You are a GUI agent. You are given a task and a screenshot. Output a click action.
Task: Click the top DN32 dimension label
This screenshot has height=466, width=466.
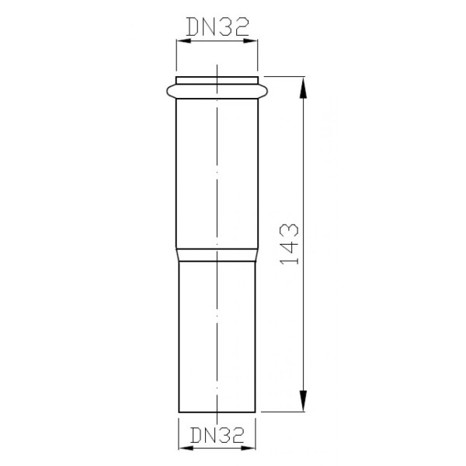tap(217, 26)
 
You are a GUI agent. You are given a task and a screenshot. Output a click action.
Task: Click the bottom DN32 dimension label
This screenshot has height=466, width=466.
tap(217, 436)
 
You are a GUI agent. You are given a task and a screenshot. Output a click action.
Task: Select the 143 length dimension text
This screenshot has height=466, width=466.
tap(289, 245)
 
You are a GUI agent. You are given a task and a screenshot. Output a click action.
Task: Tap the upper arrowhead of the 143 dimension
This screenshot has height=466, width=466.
tap(303, 87)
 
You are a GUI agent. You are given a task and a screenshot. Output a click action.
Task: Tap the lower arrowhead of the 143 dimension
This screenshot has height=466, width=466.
tap(303, 401)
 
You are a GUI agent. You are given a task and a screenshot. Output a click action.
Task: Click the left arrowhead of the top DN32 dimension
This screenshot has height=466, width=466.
tap(183, 40)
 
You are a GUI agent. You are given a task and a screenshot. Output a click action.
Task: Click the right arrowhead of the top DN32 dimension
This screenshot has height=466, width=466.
tap(251, 40)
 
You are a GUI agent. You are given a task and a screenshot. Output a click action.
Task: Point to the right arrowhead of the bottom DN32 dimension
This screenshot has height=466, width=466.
tap(249, 448)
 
